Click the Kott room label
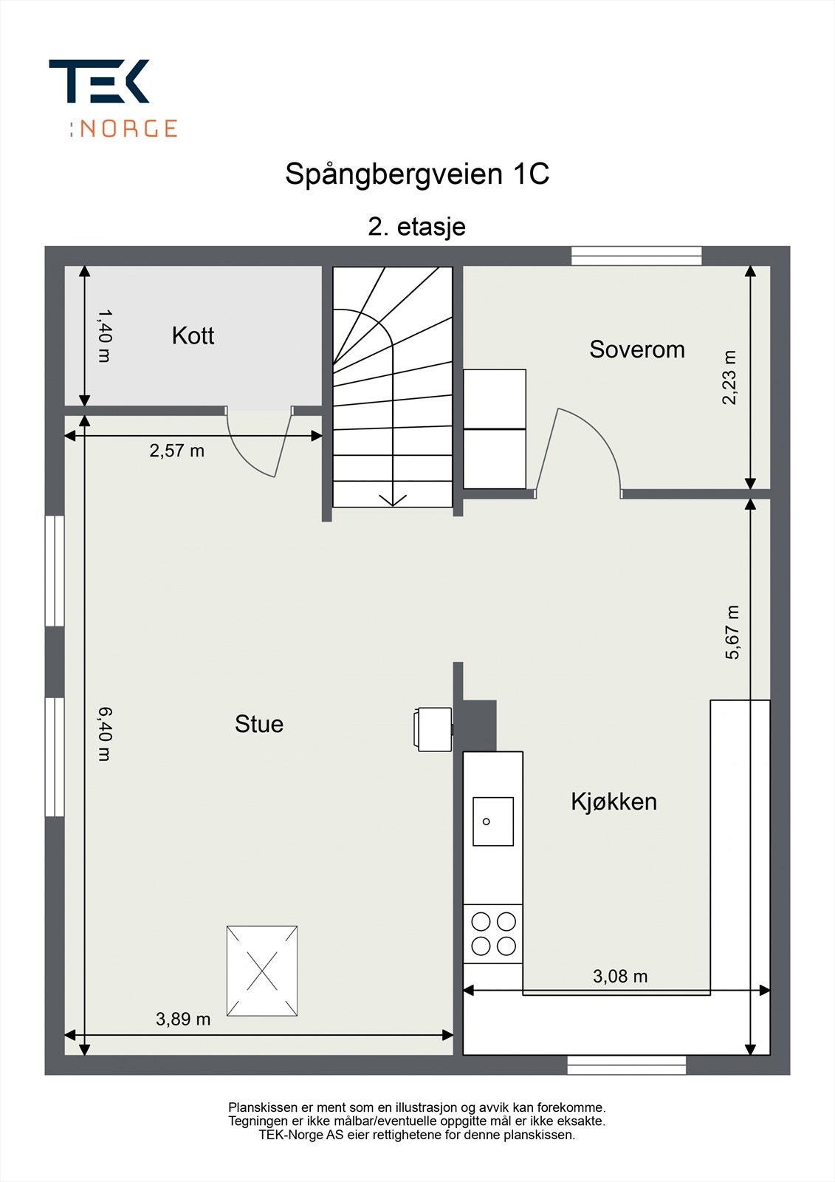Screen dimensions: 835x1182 193,335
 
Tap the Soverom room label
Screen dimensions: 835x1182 636,349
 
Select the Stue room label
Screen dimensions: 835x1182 259,724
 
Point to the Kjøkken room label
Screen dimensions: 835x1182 614,802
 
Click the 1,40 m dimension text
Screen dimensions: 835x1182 104,335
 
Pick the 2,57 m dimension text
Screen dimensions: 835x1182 176,451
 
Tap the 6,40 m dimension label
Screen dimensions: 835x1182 104,734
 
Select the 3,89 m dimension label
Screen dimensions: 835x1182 183,1019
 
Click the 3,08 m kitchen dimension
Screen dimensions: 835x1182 620,976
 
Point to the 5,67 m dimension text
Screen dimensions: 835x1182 732,632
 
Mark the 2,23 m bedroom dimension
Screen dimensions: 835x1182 729,378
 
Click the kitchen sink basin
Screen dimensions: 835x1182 492,821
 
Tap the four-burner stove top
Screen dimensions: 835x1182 493,935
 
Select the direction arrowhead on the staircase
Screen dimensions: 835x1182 393,499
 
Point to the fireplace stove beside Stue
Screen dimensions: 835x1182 433,729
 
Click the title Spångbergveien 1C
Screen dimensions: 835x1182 417,174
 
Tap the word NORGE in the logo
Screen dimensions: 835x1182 128,129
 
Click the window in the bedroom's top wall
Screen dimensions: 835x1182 636,256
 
